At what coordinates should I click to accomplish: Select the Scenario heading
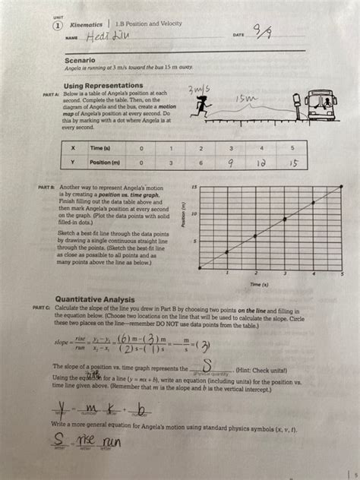tap(80, 60)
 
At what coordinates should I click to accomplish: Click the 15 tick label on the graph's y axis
tap(194, 187)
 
